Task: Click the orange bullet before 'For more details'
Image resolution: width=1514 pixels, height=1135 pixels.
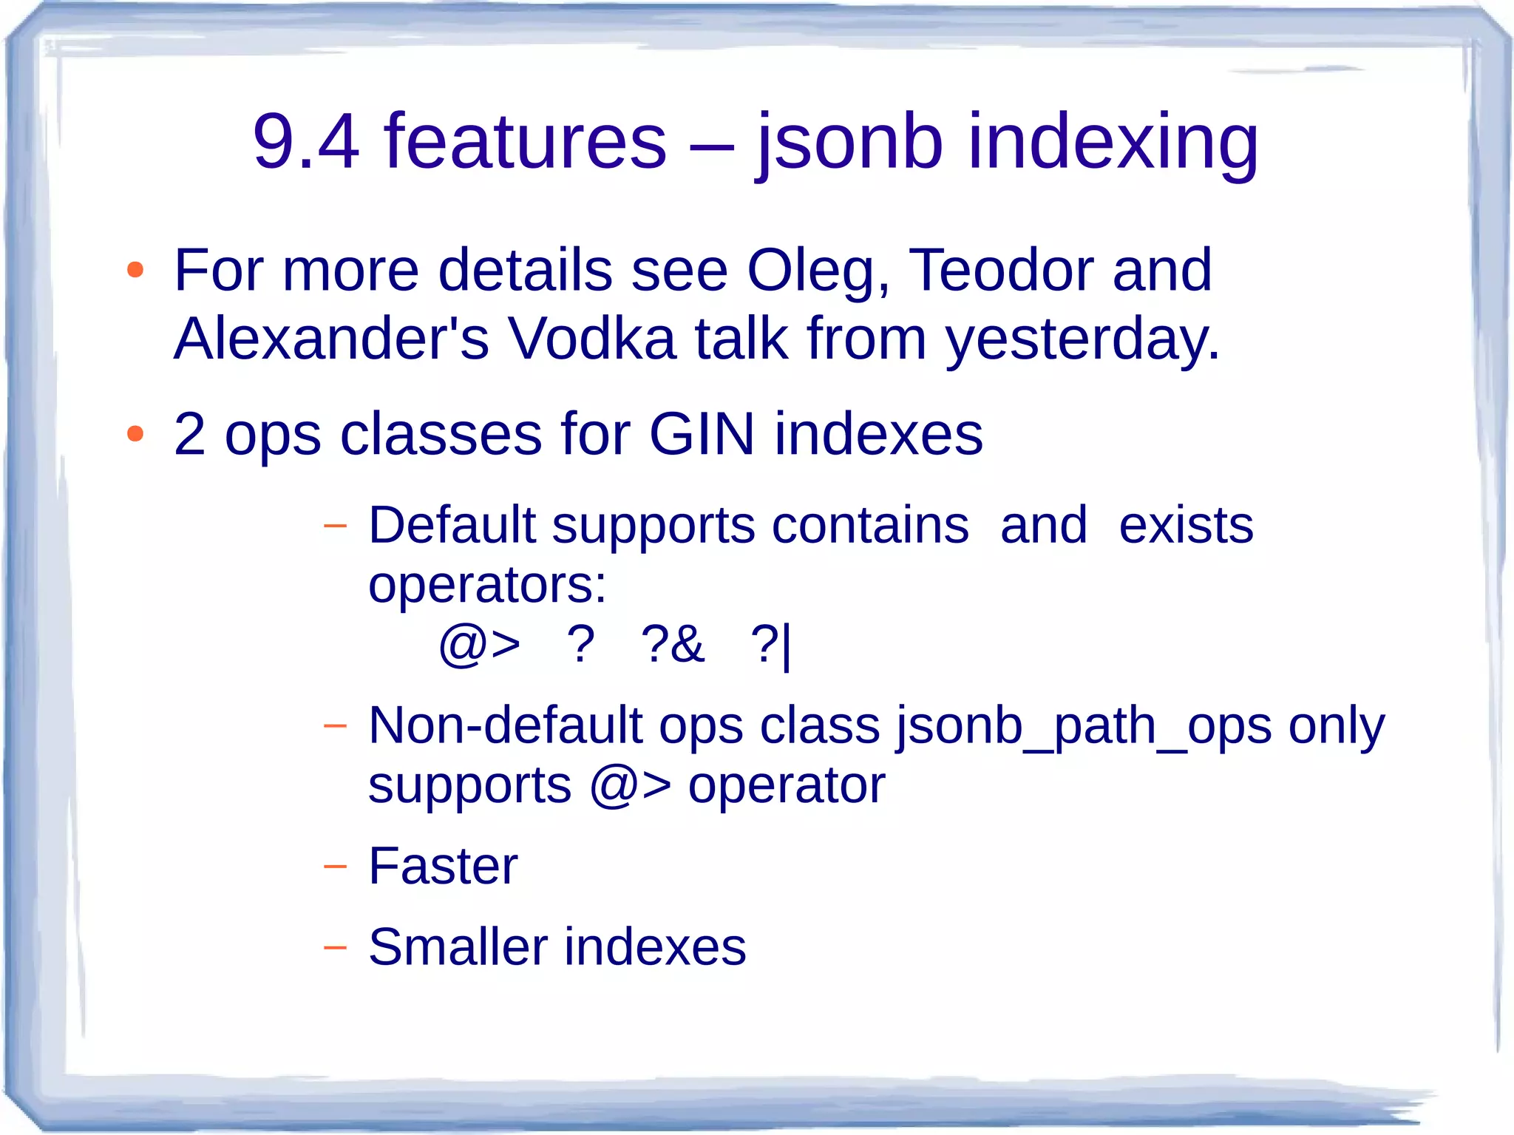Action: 135,270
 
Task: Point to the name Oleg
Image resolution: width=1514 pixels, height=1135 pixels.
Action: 817,271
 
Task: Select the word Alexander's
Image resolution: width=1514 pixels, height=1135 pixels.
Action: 331,339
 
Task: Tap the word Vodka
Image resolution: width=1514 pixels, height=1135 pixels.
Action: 591,339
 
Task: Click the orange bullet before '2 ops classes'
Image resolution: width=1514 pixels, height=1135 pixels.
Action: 135,434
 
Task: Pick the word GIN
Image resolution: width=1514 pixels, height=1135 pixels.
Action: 702,434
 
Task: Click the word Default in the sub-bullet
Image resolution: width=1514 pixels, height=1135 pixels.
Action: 451,525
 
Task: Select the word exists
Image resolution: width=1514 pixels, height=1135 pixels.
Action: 1186,525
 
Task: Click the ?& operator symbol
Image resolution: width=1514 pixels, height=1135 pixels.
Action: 673,643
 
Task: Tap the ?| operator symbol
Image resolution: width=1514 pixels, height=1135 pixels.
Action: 771,645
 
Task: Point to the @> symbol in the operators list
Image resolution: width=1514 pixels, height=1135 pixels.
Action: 480,645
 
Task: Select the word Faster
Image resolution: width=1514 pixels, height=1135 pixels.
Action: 443,866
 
